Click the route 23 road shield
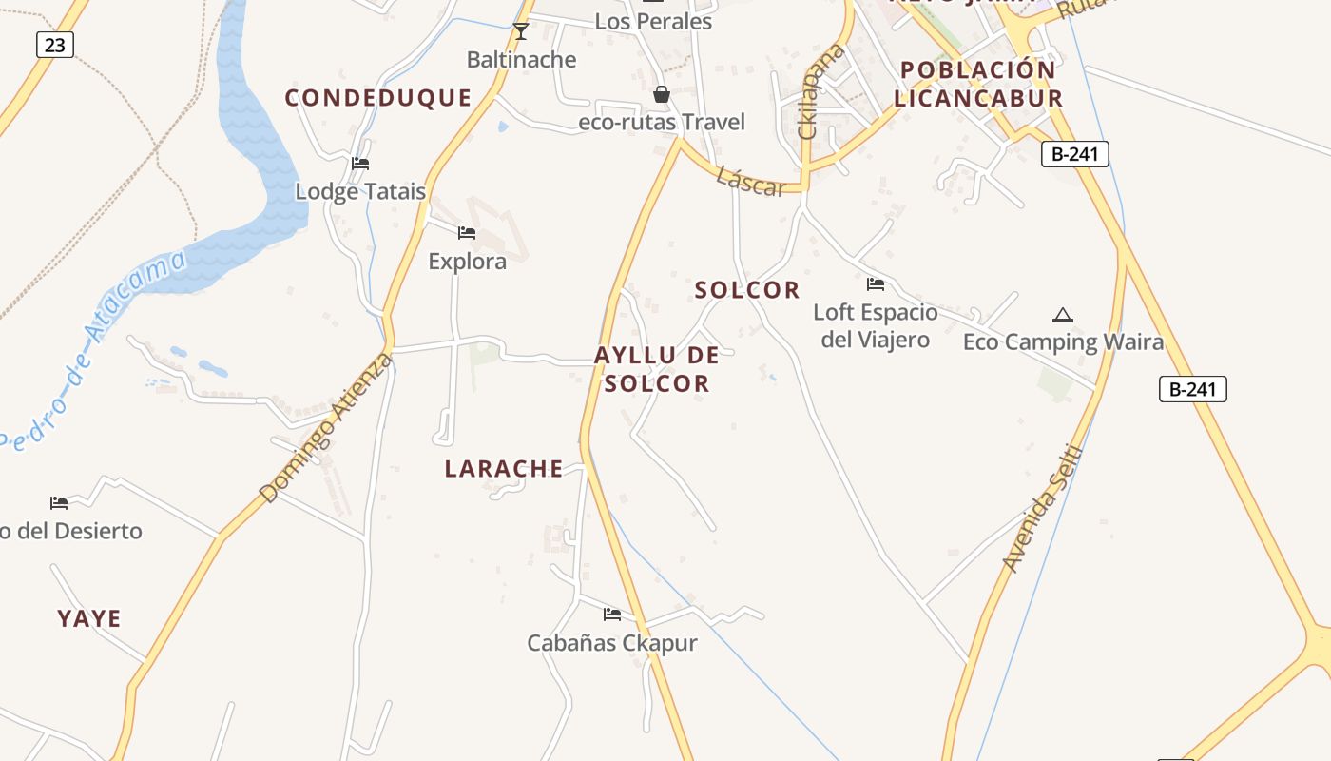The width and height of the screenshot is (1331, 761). coord(54,44)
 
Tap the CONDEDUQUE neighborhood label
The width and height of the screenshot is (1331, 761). coord(378,97)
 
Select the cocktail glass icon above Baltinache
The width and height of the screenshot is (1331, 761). coord(520,31)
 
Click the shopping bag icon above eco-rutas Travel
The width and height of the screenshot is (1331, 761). coord(662,94)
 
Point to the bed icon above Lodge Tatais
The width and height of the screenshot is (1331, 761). coord(359,164)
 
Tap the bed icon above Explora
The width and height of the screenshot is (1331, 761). coord(466,232)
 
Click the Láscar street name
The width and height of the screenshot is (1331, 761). coord(751,181)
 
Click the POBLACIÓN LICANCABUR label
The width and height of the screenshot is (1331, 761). coord(977,84)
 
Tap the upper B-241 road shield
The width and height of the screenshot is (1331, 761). coord(1075,153)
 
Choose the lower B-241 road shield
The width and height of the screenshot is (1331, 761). coord(1192,388)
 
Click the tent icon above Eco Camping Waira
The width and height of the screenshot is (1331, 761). coord(1063,315)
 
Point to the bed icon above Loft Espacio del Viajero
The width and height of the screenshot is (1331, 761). coord(875,284)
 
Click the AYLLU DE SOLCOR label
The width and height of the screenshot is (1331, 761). coord(656,369)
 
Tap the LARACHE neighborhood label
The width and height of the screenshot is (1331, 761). coord(504,468)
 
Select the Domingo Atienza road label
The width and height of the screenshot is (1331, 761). coord(325,428)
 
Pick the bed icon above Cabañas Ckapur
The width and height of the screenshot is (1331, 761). coord(611,615)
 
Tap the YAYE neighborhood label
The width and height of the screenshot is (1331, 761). coord(89,618)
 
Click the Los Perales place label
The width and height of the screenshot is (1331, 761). coord(653,21)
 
